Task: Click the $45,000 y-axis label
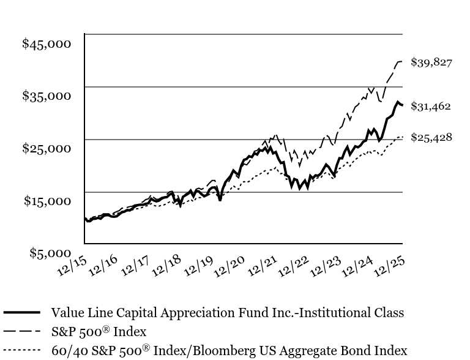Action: [x=47, y=43]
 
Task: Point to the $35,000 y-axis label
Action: [x=47, y=96]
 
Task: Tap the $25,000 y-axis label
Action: [x=47, y=148]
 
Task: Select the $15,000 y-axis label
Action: [x=47, y=201]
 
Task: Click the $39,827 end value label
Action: [x=431, y=62]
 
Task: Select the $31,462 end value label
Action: [x=431, y=106]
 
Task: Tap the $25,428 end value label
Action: [x=431, y=137]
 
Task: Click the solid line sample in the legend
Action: [x=22, y=312]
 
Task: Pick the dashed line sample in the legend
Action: [x=22, y=331]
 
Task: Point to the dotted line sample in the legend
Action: [x=22, y=351]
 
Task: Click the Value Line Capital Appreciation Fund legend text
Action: [x=228, y=312]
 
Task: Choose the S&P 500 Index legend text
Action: [x=99, y=331]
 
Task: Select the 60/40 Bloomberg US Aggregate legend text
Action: [x=229, y=351]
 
